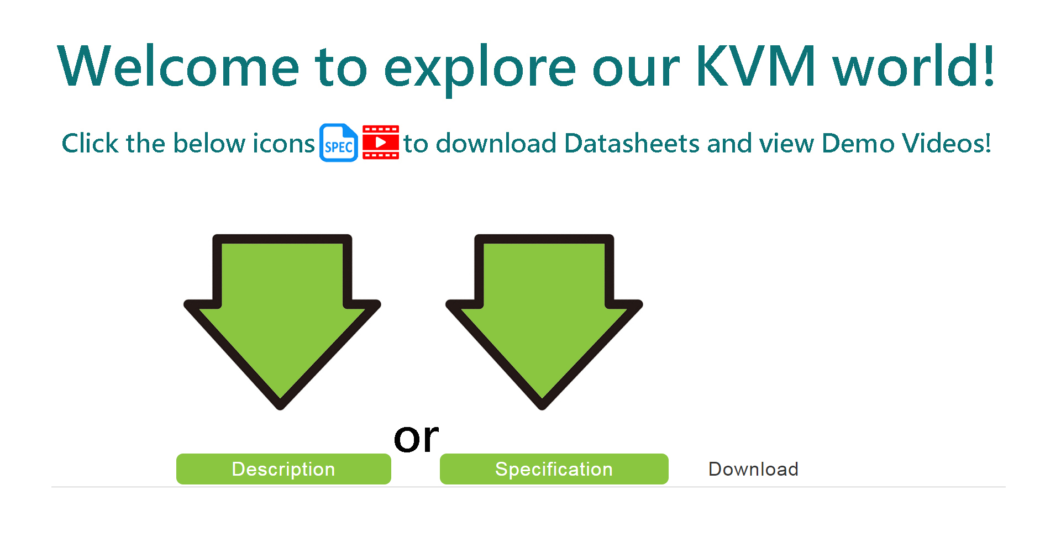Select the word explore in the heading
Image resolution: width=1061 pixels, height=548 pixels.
point(480,69)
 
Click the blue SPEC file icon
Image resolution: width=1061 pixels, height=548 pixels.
point(339,143)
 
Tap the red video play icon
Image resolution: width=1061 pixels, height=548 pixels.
point(381,143)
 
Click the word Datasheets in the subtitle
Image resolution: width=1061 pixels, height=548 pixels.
point(632,143)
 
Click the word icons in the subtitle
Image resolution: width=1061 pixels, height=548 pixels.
point(283,143)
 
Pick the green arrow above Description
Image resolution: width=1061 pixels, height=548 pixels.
point(282,322)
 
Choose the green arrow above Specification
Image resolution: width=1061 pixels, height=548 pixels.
point(544,322)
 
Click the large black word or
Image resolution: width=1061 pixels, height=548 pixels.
point(416,438)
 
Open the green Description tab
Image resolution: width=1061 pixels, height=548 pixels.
point(283,469)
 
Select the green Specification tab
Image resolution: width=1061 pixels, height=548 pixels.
point(554,469)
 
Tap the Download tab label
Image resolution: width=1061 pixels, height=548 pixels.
point(753,469)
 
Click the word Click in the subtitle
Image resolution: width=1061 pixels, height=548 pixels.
point(90,143)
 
